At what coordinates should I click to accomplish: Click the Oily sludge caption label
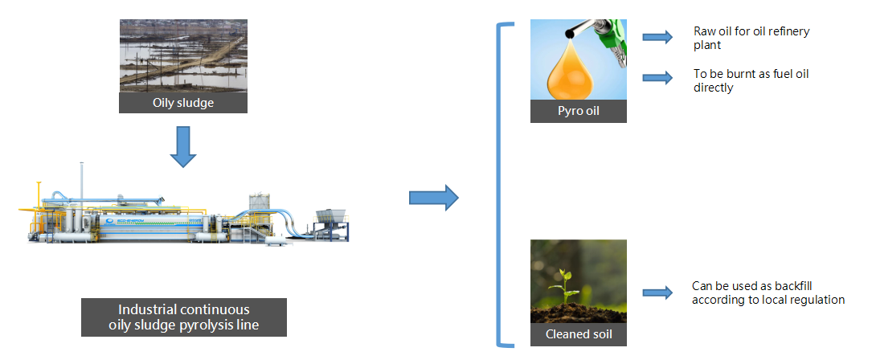point(183,102)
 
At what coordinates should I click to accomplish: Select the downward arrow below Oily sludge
point(184,145)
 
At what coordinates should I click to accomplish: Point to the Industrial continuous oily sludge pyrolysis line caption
point(184,317)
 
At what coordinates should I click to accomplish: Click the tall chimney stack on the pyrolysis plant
point(80,181)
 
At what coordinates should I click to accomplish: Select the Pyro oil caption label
point(578,111)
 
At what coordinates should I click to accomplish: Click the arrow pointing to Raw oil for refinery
point(657,37)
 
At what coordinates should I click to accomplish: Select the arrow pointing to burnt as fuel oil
point(657,78)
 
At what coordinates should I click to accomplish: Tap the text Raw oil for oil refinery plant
point(751,38)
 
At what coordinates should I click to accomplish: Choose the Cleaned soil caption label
point(578,334)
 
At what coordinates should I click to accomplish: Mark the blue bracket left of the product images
point(502,186)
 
